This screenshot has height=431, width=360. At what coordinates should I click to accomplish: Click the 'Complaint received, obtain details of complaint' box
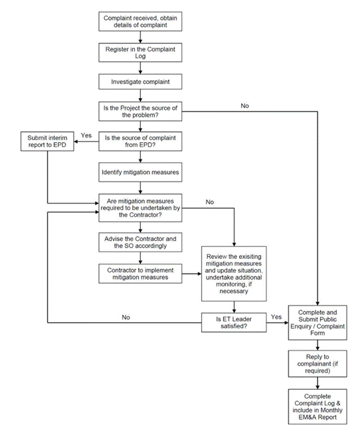point(140,21)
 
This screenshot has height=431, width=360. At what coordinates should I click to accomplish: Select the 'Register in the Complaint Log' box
point(140,53)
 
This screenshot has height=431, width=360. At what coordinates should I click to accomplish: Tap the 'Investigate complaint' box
point(140,81)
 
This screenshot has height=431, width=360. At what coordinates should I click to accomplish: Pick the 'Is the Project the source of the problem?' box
point(140,111)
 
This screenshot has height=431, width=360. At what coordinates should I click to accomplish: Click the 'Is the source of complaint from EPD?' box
point(140,141)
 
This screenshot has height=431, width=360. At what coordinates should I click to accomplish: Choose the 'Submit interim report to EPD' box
point(47,141)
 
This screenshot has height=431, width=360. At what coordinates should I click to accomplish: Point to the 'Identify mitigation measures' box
point(140,172)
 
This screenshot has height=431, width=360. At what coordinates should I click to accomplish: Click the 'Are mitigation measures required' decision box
point(140,207)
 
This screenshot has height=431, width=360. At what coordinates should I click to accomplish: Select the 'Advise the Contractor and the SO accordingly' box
point(140,242)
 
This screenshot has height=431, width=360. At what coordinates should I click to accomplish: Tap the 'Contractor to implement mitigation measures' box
point(140,274)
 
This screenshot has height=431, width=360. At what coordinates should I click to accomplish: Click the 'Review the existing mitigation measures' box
point(234,274)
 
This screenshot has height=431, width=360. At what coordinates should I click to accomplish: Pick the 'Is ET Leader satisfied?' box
point(234,322)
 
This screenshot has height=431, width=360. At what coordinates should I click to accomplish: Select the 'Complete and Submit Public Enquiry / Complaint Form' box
point(318,323)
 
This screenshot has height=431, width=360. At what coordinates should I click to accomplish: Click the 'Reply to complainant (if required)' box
point(318,364)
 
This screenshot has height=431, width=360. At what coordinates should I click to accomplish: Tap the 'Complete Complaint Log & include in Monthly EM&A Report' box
point(318,406)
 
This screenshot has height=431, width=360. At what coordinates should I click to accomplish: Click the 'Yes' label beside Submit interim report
point(86,135)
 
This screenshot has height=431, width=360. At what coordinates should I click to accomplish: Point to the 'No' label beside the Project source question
point(244,106)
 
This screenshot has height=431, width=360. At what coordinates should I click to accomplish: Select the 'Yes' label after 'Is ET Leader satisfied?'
point(276,317)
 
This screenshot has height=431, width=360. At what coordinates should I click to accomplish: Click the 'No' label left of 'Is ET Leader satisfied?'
point(126,317)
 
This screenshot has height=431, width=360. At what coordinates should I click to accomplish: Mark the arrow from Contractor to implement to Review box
point(192,274)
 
